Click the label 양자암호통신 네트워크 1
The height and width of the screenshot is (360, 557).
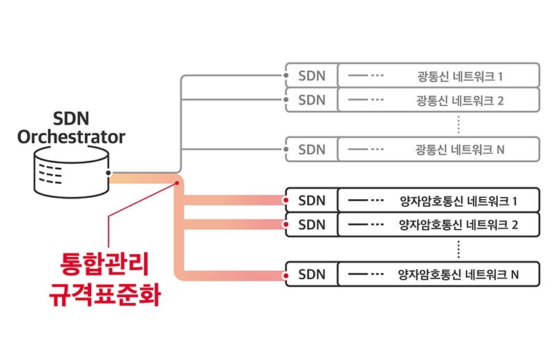[458, 201]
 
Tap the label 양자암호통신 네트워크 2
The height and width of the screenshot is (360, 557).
[458, 225]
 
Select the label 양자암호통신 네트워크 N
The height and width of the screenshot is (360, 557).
[458, 274]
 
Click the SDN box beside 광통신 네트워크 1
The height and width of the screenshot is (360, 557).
[311, 75]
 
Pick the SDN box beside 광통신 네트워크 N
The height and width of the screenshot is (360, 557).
[311, 149]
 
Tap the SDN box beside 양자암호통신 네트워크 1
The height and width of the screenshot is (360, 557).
[311, 201]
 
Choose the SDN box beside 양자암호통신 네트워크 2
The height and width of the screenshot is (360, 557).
[311, 225]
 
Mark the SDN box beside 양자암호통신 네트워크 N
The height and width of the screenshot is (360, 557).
[311, 274]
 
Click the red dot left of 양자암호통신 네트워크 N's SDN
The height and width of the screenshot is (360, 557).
[285, 274]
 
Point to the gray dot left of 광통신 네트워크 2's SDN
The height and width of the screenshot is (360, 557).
[285, 100]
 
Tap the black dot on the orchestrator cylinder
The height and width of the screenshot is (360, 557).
[109, 172]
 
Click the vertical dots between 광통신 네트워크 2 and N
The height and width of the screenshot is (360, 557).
[459, 124]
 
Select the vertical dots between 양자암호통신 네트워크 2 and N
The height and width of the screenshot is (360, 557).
[459, 249]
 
